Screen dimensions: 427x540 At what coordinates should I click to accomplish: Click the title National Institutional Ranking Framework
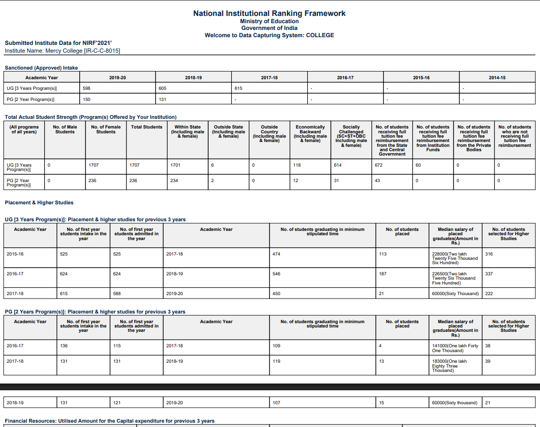[269, 14]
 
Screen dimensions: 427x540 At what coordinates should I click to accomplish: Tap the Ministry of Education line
[269, 21]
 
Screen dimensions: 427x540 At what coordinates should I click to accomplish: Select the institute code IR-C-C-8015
[102, 51]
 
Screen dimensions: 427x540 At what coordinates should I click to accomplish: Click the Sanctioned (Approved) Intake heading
[41, 68]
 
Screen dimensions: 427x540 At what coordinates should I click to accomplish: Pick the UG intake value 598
[87, 88]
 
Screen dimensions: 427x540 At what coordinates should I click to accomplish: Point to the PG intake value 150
[87, 100]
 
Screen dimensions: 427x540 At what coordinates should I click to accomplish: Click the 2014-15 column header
[497, 78]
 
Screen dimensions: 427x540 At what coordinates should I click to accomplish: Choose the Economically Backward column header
[310, 134]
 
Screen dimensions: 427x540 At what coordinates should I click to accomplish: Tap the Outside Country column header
[269, 134]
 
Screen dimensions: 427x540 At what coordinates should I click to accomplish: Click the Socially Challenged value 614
[338, 165]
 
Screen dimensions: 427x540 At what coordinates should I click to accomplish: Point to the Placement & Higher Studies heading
[39, 202]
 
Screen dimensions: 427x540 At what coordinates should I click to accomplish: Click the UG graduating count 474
[276, 254]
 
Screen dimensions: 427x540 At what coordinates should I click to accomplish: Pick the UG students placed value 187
[383, 274]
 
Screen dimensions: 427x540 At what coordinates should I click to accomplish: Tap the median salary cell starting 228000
[455, 258]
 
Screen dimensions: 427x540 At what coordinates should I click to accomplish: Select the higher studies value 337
[489, 274]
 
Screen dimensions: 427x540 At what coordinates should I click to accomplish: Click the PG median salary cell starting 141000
[455, 348]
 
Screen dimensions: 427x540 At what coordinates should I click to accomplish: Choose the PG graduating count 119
[276, 361]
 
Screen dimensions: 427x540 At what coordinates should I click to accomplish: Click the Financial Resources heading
[110, 421]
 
